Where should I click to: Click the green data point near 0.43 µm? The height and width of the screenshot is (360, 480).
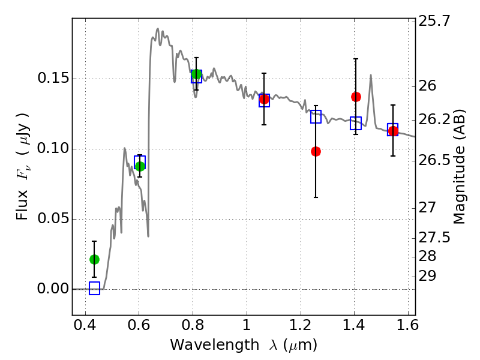tap(94, 259)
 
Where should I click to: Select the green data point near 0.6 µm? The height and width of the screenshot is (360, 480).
tap(140, 166)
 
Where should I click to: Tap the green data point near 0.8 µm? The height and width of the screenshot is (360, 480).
tap(196, 74)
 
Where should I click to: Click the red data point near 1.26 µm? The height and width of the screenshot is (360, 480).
tap(316, 151)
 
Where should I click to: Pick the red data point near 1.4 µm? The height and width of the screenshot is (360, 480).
tap(356, 97)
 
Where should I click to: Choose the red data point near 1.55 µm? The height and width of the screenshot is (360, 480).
tap(393, 131)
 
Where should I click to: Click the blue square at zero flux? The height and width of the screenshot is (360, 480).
tap(94, 289)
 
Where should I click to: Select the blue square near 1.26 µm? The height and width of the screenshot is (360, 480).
tap(316, 117)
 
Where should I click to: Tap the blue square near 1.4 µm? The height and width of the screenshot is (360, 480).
tap(356, 124)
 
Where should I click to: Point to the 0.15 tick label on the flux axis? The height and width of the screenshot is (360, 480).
tap(52, 79)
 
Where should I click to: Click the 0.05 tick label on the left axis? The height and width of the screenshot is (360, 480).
tap(52, 219)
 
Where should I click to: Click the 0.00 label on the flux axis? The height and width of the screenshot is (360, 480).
tap(52, 289)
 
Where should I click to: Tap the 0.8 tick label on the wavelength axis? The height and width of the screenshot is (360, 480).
tap(193, 327)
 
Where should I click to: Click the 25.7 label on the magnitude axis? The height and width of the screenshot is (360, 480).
tap(435, 22)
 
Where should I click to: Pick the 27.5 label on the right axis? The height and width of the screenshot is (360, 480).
tap(435, 238)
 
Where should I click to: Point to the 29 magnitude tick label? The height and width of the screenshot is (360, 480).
tap(430, 276)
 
